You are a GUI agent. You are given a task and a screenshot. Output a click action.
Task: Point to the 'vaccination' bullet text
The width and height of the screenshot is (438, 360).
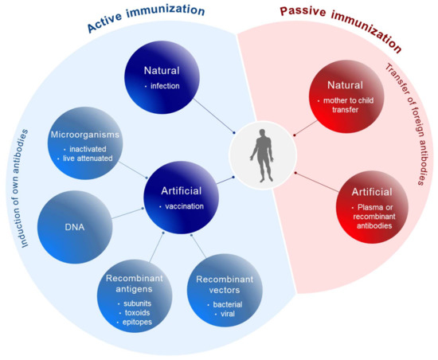pos(186,205)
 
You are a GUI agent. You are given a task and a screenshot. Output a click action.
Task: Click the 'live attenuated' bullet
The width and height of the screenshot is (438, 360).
pos(84,159)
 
